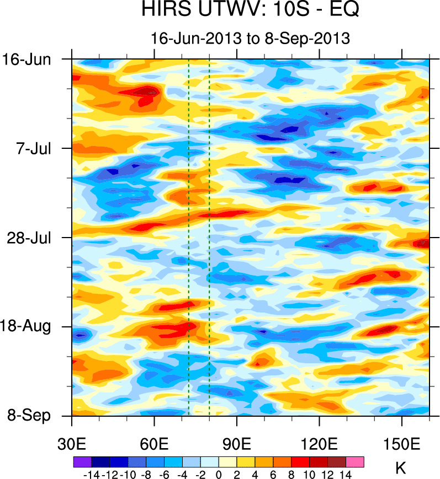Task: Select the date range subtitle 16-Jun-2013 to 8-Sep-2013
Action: (251, 38)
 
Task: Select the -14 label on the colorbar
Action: (90, 474)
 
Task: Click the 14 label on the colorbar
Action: (346, 474)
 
